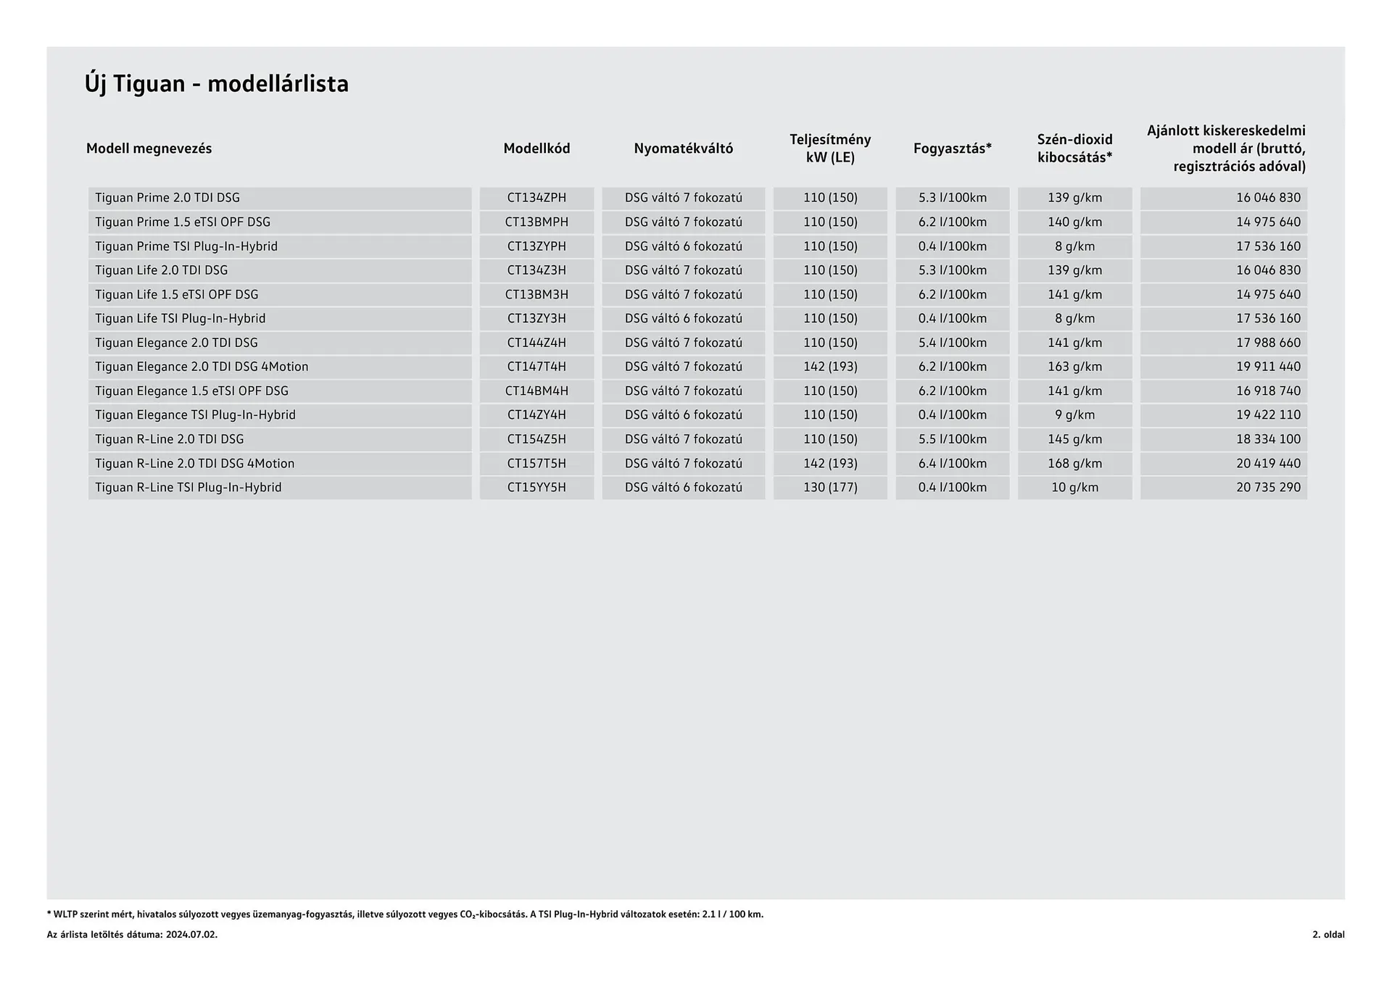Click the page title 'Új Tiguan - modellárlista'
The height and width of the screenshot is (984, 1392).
pos(216,84)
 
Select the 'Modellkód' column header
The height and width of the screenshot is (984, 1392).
pos(536,149)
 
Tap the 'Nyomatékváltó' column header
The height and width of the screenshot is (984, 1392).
pos(683,149)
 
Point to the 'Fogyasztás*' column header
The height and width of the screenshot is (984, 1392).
pos(952,149)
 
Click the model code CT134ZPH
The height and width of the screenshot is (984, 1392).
pos(536,198)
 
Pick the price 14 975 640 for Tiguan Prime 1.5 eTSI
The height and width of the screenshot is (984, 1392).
pos(1268,222)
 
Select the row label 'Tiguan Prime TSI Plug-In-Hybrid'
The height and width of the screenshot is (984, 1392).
pos(186,246)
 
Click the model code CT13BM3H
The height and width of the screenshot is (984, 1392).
pos(536,294)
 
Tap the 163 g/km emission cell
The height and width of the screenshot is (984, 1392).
pos(1074,367)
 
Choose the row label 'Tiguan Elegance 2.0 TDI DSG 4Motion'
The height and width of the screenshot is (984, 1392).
pos(202,367)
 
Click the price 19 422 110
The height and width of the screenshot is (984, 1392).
pos(1268,415)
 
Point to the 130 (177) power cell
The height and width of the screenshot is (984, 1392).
pos(830,488)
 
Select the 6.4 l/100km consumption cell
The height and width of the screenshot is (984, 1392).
pos(952,463)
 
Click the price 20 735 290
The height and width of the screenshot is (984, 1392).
pos(1268,488)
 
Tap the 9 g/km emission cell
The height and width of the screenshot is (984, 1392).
pos(1074,415)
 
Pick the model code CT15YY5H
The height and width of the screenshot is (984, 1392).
pos(536,488)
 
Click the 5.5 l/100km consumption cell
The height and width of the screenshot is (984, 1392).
pos(952,439)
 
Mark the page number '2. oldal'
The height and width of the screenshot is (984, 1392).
pos(1327,935)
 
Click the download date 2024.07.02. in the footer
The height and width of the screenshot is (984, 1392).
pos(191,935)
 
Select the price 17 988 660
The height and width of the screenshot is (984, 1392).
pos(1268,343)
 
